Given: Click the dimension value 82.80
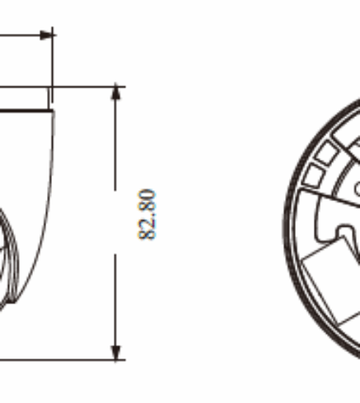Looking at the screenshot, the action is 147,214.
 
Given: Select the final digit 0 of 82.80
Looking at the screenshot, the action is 147,194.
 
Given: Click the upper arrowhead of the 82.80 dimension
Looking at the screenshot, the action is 116,91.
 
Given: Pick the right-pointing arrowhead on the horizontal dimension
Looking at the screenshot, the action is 47,35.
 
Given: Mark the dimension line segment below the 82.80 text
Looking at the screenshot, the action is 115,307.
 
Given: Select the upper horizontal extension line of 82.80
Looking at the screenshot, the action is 63,87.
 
